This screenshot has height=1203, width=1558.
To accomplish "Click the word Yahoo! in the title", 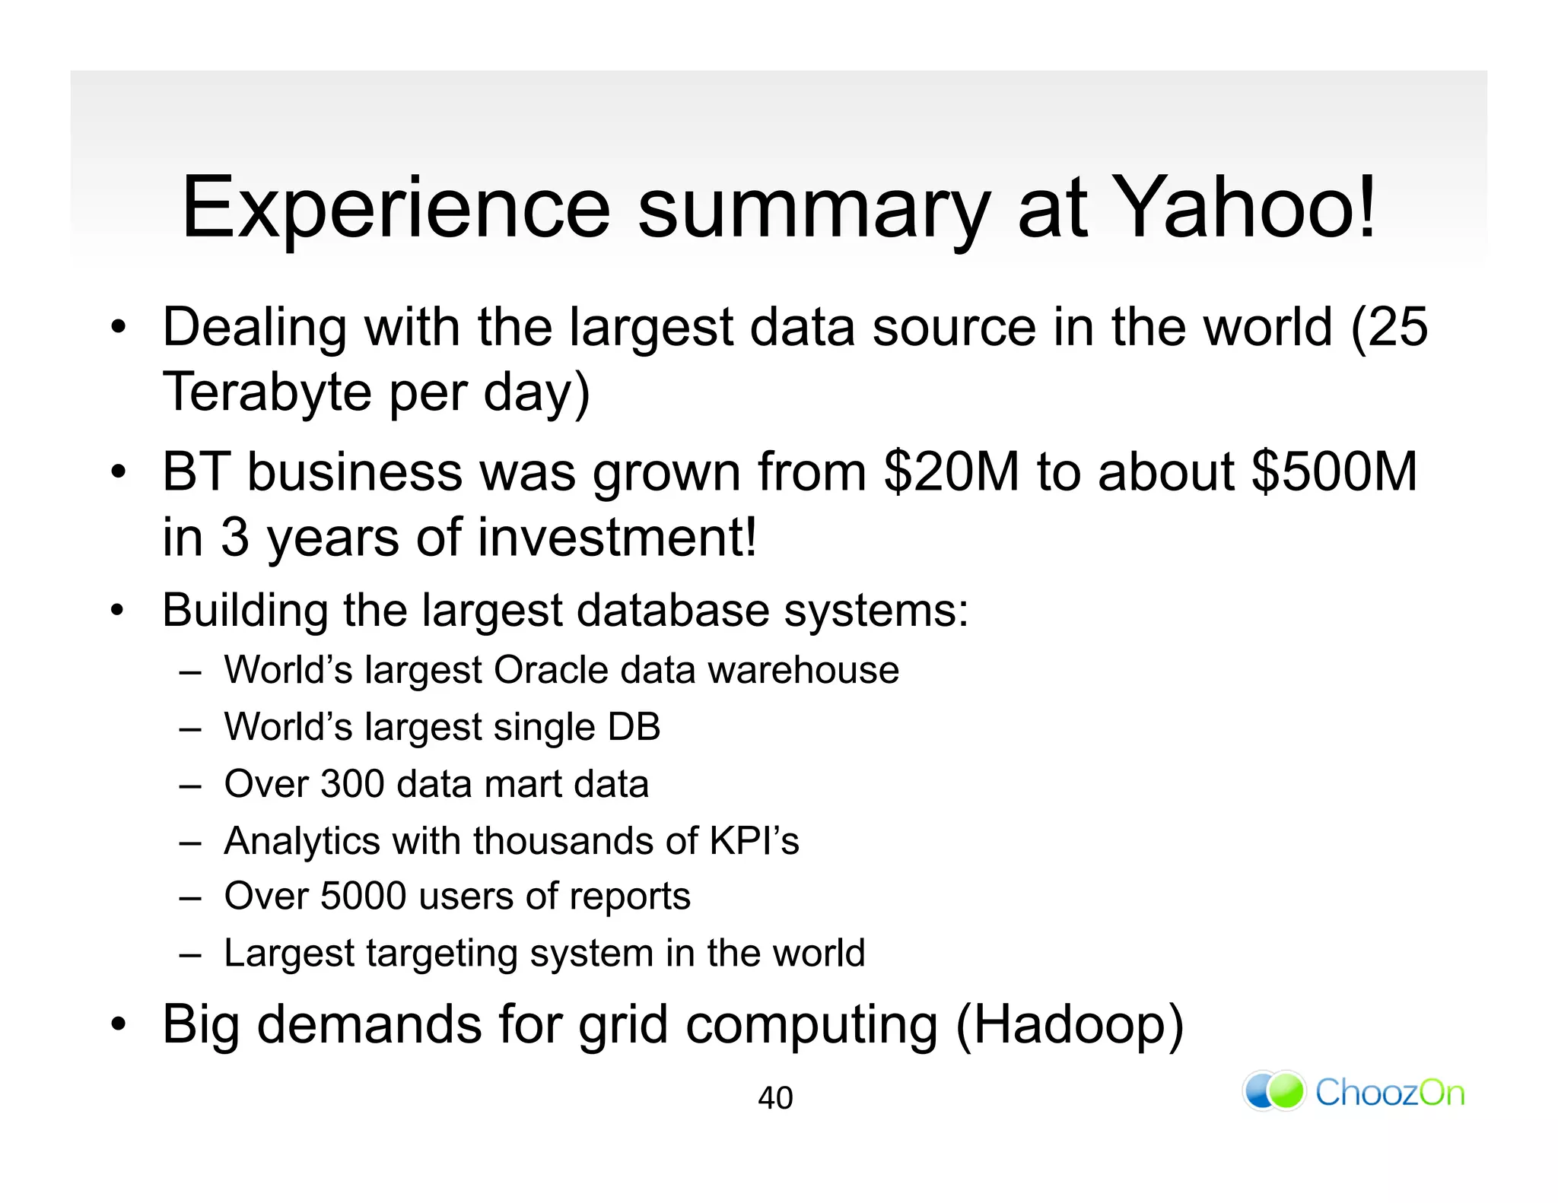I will (x=1248, y=207).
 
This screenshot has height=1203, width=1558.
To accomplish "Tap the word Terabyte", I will (x=267, y=392).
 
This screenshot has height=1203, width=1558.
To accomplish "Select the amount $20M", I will (x=951, y=472).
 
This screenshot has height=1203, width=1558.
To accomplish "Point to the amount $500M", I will (x=1334, y=472).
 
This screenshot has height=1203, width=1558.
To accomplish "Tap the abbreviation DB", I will (x=634, y=727).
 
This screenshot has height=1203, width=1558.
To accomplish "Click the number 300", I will (x=352, y=784).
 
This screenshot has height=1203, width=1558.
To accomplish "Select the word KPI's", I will (x=754, y=841).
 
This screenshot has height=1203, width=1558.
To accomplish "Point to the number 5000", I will (x=363, y=897).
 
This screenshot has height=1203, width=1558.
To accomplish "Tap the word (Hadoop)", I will (x=1069, y=1025).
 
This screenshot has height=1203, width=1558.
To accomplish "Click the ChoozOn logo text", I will (x=1389, y=1093).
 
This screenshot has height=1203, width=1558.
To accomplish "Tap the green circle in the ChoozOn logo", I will (x=1286, y=1091).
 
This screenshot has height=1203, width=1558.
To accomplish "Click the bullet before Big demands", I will (x=118, y=1025).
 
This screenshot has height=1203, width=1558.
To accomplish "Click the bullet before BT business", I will (x=118, y=472).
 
